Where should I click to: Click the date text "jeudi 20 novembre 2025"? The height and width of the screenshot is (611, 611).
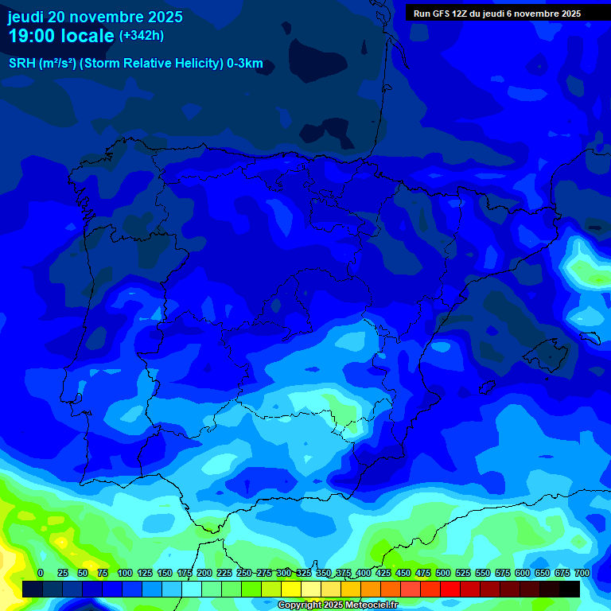pos(95,17)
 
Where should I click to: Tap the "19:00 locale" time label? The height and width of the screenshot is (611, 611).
pos(61,36)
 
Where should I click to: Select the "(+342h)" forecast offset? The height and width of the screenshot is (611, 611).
pos(141,36)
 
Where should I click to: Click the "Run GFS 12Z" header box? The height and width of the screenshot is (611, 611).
pos(497,14)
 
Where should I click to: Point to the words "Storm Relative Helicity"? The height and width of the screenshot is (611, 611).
pos(150,64)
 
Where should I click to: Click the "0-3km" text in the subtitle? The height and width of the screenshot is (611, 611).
pos(244,64)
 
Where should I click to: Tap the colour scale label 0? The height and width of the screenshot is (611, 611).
pos(41,573)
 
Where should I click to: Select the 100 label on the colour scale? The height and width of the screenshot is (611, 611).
pos(125,573)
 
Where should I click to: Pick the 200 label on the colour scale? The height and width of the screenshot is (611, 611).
pos(204,573)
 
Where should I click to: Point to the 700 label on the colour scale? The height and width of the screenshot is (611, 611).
pos(582,573)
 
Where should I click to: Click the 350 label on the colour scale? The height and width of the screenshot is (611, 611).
pos(324,573)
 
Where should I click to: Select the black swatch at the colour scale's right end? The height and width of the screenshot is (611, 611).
pos(570,589)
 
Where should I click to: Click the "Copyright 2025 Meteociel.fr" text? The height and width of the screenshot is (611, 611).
pos(338,605)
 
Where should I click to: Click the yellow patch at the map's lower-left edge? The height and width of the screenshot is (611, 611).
pos(8,557)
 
